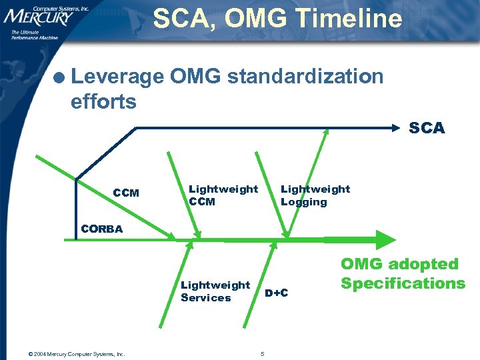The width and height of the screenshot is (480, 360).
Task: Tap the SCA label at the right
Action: pyautogui.click(x=426, y=128)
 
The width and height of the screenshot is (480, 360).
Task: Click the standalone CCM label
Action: pyautogui.click(x=126, y=193)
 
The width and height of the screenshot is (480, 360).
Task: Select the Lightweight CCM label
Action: pyautogui.click(x=223, y=195)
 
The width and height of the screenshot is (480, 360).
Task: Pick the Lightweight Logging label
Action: pyautogui.click(x=315, y=195)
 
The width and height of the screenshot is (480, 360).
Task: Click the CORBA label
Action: pyautogui.click(x=101, y=229)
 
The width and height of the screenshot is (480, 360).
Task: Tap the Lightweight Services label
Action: pyautogui.click(x=215, y=291)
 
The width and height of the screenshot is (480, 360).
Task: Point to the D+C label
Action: pyautogui.click(x=276, y=293)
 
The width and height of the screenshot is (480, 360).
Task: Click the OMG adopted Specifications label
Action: pyautogui.click(x=403, y=273)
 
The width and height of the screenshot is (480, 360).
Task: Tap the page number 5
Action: pyautogui.click(x=263, y=353)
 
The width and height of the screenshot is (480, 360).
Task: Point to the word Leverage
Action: pyautogui.click(x=117, y=77)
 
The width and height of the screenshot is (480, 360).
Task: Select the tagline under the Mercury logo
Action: pyautogui.click(x=35, y=35)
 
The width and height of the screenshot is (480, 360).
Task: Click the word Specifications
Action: pyautogui.click(x=403, y=283)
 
